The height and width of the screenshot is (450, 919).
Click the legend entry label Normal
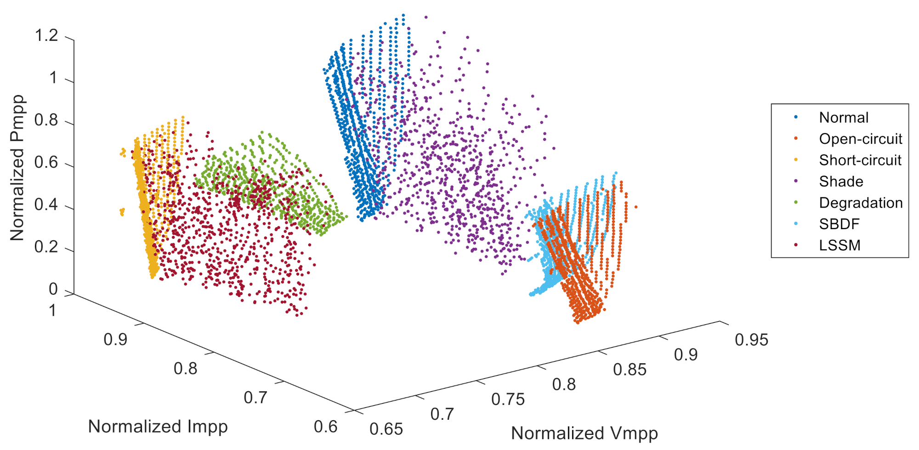[x=844, y=118]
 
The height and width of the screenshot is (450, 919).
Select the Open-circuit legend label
[x=860, y=139]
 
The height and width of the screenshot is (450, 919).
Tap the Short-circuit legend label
[x=860, y=160]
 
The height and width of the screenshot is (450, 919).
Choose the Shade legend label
[x=841, y=181]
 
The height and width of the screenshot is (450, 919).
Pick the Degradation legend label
[x=861, y=202]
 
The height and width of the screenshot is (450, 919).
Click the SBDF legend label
[x=839, y=224]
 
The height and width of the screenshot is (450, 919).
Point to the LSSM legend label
[x=840, y=245]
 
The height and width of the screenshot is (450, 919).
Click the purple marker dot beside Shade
[x=796, y=181]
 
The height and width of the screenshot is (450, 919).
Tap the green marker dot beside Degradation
[x=796, y=202]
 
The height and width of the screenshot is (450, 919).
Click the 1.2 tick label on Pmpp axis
[x=46, y=35]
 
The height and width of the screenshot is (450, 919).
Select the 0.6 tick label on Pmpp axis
[x=46, y=163]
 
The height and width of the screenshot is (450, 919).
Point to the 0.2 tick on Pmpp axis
[x=46, y=247]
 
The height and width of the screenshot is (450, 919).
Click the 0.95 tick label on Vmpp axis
[x=751, y=340]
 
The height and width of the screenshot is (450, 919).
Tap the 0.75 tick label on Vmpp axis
[x=508, y=399]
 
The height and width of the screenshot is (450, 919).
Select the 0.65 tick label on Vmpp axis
[x=386, y=429]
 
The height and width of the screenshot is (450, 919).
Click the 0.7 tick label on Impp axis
[x=255, y=397]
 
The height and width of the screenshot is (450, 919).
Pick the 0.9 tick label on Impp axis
[x=115, y=339]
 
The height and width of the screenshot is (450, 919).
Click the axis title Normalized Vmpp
[x=584, y=433]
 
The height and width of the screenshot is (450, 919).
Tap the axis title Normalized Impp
[x=158, y=427]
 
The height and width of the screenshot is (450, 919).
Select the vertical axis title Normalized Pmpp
[x=17, y=168]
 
